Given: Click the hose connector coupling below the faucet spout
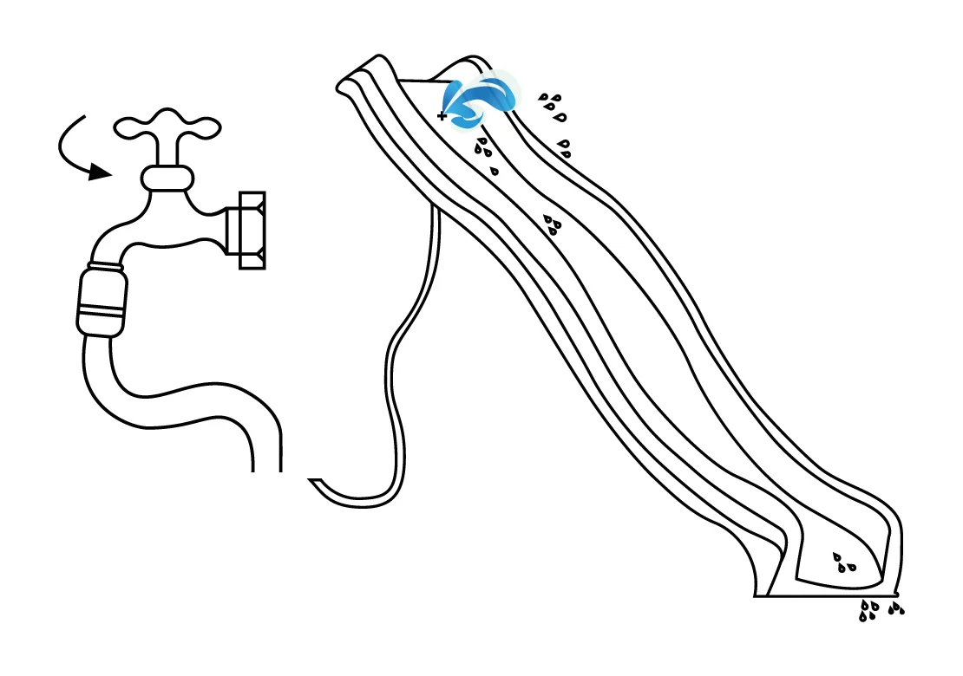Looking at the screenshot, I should tap(102, 300).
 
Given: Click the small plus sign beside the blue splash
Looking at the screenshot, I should tap(442, 115).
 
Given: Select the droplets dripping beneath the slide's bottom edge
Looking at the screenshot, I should tap(879, 609).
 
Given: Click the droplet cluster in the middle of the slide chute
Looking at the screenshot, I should tap(552, 224).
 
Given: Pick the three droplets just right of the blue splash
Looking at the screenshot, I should tap(552, 106).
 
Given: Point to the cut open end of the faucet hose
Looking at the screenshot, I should tap(267, 468).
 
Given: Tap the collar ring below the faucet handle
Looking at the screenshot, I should tap(167, 179).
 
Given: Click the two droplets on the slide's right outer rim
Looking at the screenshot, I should tap(565, 147).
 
